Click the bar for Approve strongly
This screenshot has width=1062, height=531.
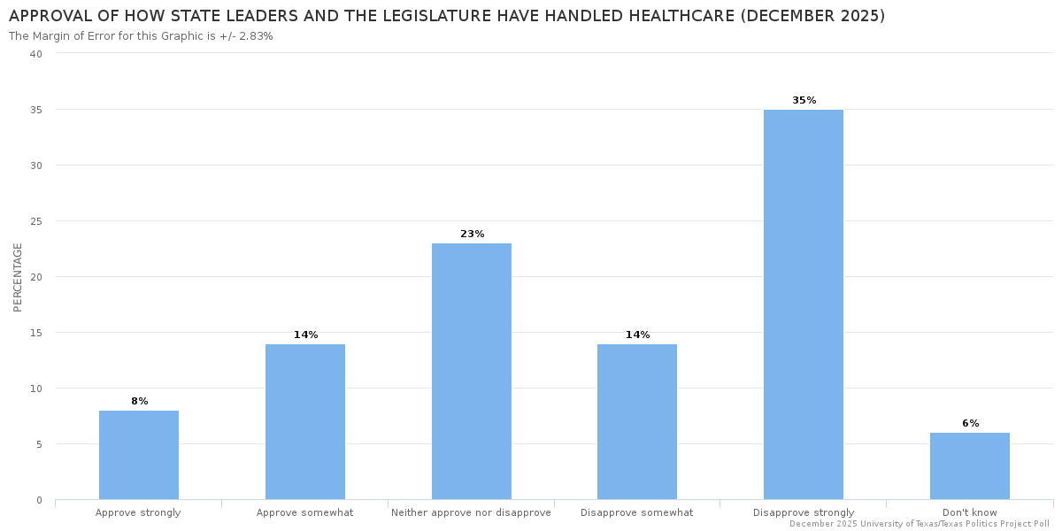click(139, 455)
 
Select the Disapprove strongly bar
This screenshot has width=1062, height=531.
click(803, 304)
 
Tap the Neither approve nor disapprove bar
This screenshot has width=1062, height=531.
click(471, 372)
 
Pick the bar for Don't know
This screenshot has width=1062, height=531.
click(969, 466)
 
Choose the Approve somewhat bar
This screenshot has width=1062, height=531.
click(305, 422)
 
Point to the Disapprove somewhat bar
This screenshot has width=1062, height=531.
click(637, 422)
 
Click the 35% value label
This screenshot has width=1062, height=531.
click(804, 101)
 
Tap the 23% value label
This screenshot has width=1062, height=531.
click(472, 235)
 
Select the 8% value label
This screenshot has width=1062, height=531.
click(139, 402)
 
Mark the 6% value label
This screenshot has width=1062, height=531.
click(970, 424)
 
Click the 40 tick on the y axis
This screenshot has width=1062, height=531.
click(36, 54)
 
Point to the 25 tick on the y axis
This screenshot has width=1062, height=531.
click(36, 221)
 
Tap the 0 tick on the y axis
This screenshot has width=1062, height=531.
click(39, 500)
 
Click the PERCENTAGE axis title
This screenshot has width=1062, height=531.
click(18, 277)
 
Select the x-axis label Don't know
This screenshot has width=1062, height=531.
click(969, 512)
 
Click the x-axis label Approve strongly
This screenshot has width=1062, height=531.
click(138, 512)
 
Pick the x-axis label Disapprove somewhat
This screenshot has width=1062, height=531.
click(636, 512)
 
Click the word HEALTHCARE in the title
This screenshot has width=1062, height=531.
click(673, 17)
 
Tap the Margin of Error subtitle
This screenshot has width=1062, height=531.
click(141, 36)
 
